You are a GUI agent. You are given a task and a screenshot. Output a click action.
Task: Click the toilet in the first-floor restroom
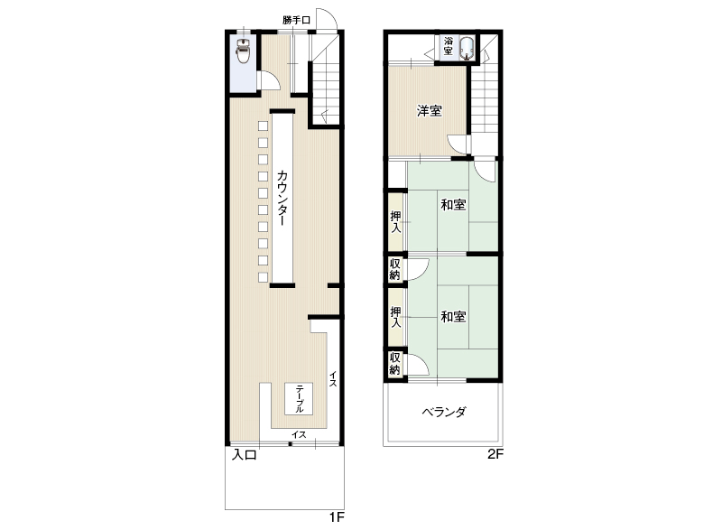tap(243, 51)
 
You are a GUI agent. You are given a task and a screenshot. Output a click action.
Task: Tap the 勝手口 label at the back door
tap(296, 20)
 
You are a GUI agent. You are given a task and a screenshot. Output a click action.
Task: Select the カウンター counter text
tap(282, 198)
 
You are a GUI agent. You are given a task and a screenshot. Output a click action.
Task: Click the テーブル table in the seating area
tap(299, 399)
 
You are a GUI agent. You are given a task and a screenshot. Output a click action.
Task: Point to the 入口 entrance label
tap(244, 455)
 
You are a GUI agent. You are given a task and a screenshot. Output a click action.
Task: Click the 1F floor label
tap(337, 517)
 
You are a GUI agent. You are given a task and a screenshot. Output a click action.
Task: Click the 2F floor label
tap(495, 454)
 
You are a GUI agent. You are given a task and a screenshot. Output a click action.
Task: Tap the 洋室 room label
tap(430, 110)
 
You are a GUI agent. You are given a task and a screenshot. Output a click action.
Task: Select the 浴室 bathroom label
tap(448, 46)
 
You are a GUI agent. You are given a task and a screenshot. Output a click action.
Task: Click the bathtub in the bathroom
tap(466, 48)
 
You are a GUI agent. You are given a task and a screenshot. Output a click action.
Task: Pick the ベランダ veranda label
tap(444, 412)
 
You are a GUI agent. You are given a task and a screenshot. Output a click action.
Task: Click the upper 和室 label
tap(453, 204)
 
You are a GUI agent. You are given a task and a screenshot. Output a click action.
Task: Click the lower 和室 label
tap(453, 316)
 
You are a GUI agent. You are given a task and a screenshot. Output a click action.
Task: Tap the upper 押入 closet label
tap(395, 221)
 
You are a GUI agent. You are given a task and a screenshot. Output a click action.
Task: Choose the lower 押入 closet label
tap(395, 317)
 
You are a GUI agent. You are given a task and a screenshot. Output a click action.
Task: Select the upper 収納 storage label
tap(395, 269)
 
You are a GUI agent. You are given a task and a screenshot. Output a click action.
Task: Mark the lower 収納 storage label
tap(395, 363)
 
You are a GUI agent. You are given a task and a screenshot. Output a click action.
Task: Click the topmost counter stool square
tap(263, 126)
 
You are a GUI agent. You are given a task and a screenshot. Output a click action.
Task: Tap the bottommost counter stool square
tap(263, 277)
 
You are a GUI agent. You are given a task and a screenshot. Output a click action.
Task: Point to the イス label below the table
tap(299, 434)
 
